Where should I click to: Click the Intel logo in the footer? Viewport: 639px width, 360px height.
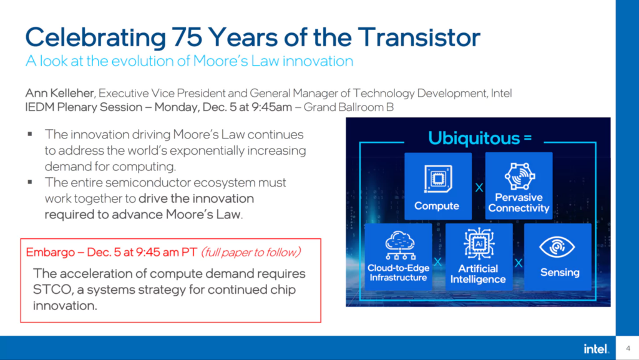(596, 349)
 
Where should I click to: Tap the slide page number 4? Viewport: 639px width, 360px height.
(628, 348)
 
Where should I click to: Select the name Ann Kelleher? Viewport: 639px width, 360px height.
(59, 93)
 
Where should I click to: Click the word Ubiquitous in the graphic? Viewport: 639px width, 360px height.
(474, 139)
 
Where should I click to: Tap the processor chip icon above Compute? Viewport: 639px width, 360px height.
(438, 178)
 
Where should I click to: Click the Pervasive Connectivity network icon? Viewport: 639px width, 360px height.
(520, 177)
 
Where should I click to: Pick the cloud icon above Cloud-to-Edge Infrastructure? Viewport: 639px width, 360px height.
(400, 245)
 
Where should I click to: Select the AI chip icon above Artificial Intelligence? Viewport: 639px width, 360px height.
(479, 244)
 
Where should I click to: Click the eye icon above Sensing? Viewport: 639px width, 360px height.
(557, 247)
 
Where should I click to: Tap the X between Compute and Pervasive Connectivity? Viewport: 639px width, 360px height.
(479, 188)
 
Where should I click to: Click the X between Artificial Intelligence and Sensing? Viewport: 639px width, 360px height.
(519, 263)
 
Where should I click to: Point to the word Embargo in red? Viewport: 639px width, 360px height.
(50, 253)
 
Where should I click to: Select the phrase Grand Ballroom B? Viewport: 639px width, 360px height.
(349, 107)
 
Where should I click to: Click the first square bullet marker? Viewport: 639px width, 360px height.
(30, 134)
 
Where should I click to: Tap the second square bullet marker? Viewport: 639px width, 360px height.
(30, 182)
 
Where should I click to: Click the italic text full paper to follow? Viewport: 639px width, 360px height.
(251, 253)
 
